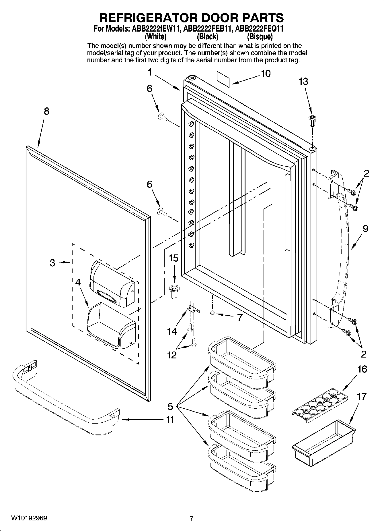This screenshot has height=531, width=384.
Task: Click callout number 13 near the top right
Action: pyautogui.click(x=303, y=82)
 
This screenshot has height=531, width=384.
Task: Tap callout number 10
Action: pyautogui.click(x=266, y=74)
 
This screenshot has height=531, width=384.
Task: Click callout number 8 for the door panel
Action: pyautogui.click(x=46, y=111)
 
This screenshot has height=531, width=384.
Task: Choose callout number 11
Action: pyautogui.click(x=170, y=420)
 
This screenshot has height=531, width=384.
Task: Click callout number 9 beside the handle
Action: pyautogui.click(x=365, y=229)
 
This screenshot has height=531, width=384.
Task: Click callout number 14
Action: pyautogui.click(x=172, y=332)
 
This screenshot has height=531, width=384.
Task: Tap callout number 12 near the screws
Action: pyautogui.click(x=172, y=355)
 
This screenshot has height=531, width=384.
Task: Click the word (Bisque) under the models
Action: pyautogui.click(x=260, y=37)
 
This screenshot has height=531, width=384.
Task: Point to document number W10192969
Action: pyautogui.click(x=29, y=518)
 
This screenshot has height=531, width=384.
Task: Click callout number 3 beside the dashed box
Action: pyautogui.click(x=52, y=262)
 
